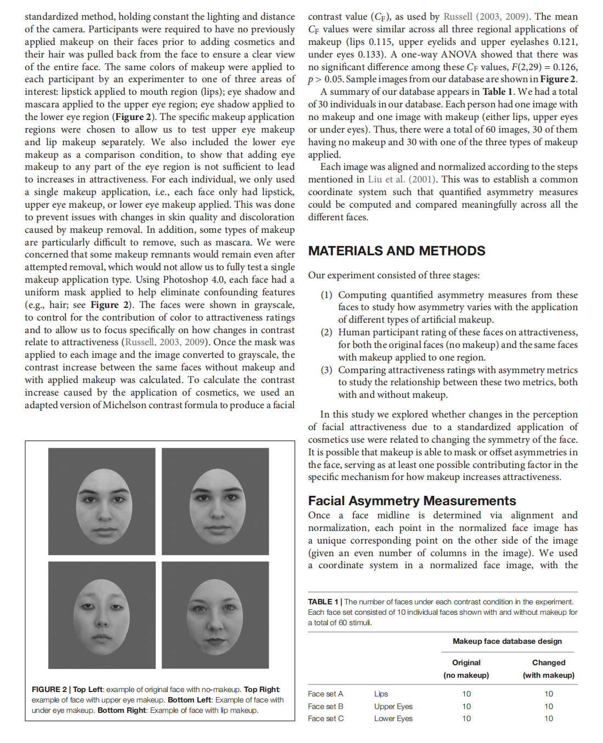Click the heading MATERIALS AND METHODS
396,251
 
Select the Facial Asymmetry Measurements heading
412,501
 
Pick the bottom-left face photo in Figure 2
101,615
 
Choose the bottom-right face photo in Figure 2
215,615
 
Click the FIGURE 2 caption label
49,689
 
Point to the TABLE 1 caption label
323,602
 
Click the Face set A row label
326,694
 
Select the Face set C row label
326,718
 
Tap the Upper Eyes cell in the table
393,706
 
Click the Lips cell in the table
381,694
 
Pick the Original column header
466,662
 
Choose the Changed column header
548,662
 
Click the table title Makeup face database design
507,641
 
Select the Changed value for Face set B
548,706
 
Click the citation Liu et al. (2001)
402,179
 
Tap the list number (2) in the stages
327,332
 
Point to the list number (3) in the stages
327,370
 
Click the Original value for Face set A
466,694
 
